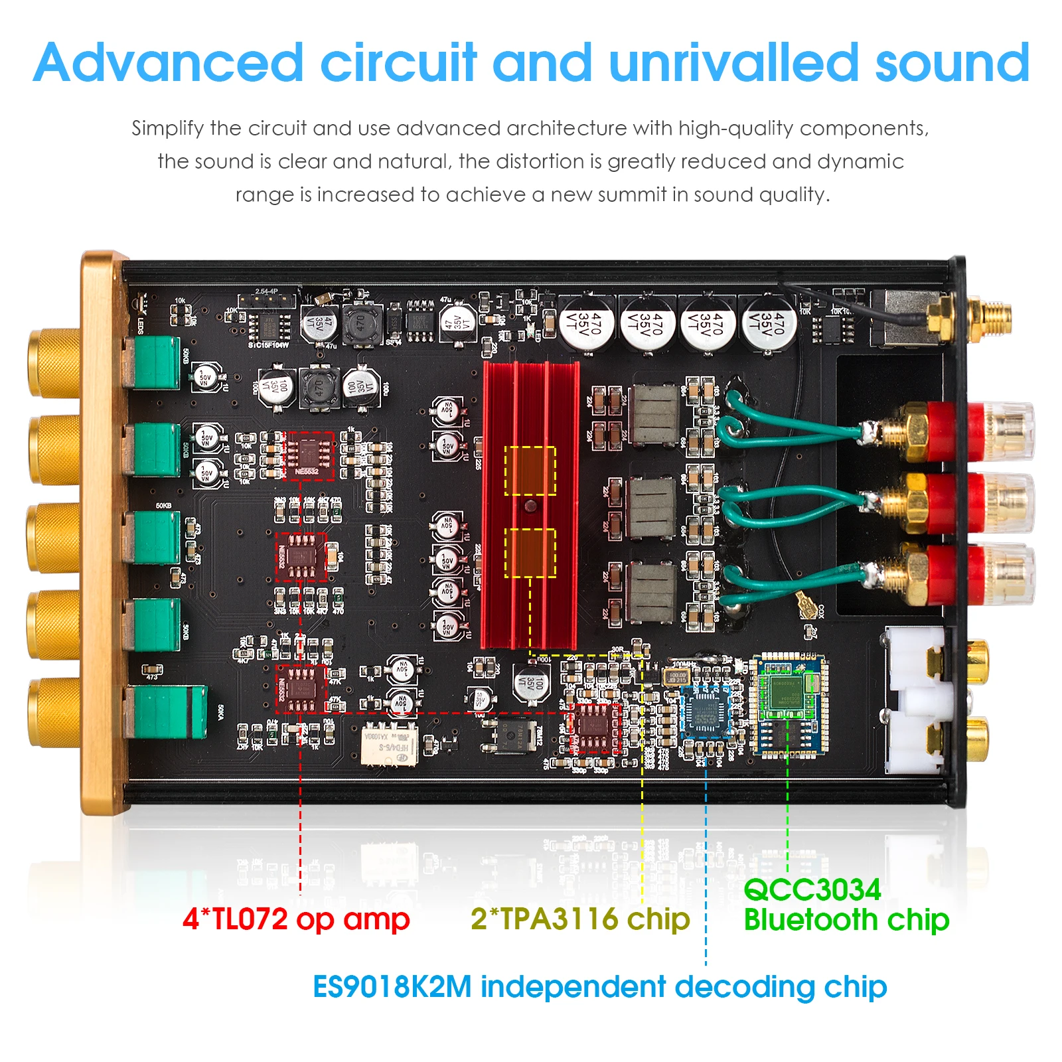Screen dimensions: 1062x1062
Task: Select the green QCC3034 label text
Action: click(x=812, y=890)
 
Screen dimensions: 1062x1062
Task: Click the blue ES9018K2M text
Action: click(x=392, y=987)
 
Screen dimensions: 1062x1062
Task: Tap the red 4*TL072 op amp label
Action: click(x=296, y=919)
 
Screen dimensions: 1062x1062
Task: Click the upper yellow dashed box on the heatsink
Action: click(x=530, y=471)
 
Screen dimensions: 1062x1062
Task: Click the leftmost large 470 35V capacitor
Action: click(x=586, y=323)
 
